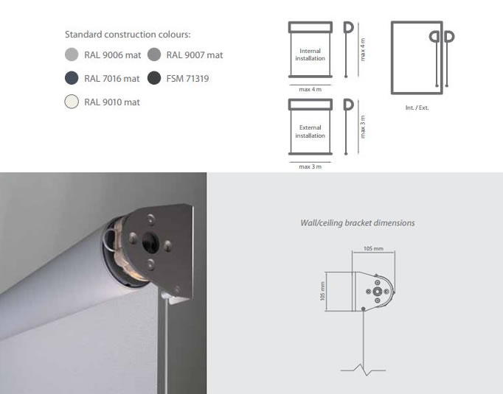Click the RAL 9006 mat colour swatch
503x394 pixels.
(72, 54)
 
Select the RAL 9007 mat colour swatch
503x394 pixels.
(154, 54)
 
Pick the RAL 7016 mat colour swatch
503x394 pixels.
(72, 78)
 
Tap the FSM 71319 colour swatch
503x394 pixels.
(154, 78)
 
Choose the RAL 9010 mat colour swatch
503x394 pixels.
(72, 102)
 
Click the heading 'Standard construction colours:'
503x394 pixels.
(128, 35)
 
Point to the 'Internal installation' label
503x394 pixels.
(311, 54)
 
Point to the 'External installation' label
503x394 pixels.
(311, 132)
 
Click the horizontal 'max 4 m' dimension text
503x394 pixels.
(311, 89)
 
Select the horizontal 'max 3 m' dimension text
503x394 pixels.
(311, 166)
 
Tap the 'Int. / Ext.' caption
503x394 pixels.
(417, 108)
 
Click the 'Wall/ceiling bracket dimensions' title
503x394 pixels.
(358, 223)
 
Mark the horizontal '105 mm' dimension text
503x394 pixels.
(373, 249)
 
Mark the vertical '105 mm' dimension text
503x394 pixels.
(323, 291)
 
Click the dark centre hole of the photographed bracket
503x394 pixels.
(150, 242)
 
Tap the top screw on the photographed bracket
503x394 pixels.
(150, 219)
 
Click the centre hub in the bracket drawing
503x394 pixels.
(378, 292)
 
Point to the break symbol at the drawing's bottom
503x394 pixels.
(363, 370)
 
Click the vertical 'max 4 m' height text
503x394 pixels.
(363, 49)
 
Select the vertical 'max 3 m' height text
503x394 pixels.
(363, 127)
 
